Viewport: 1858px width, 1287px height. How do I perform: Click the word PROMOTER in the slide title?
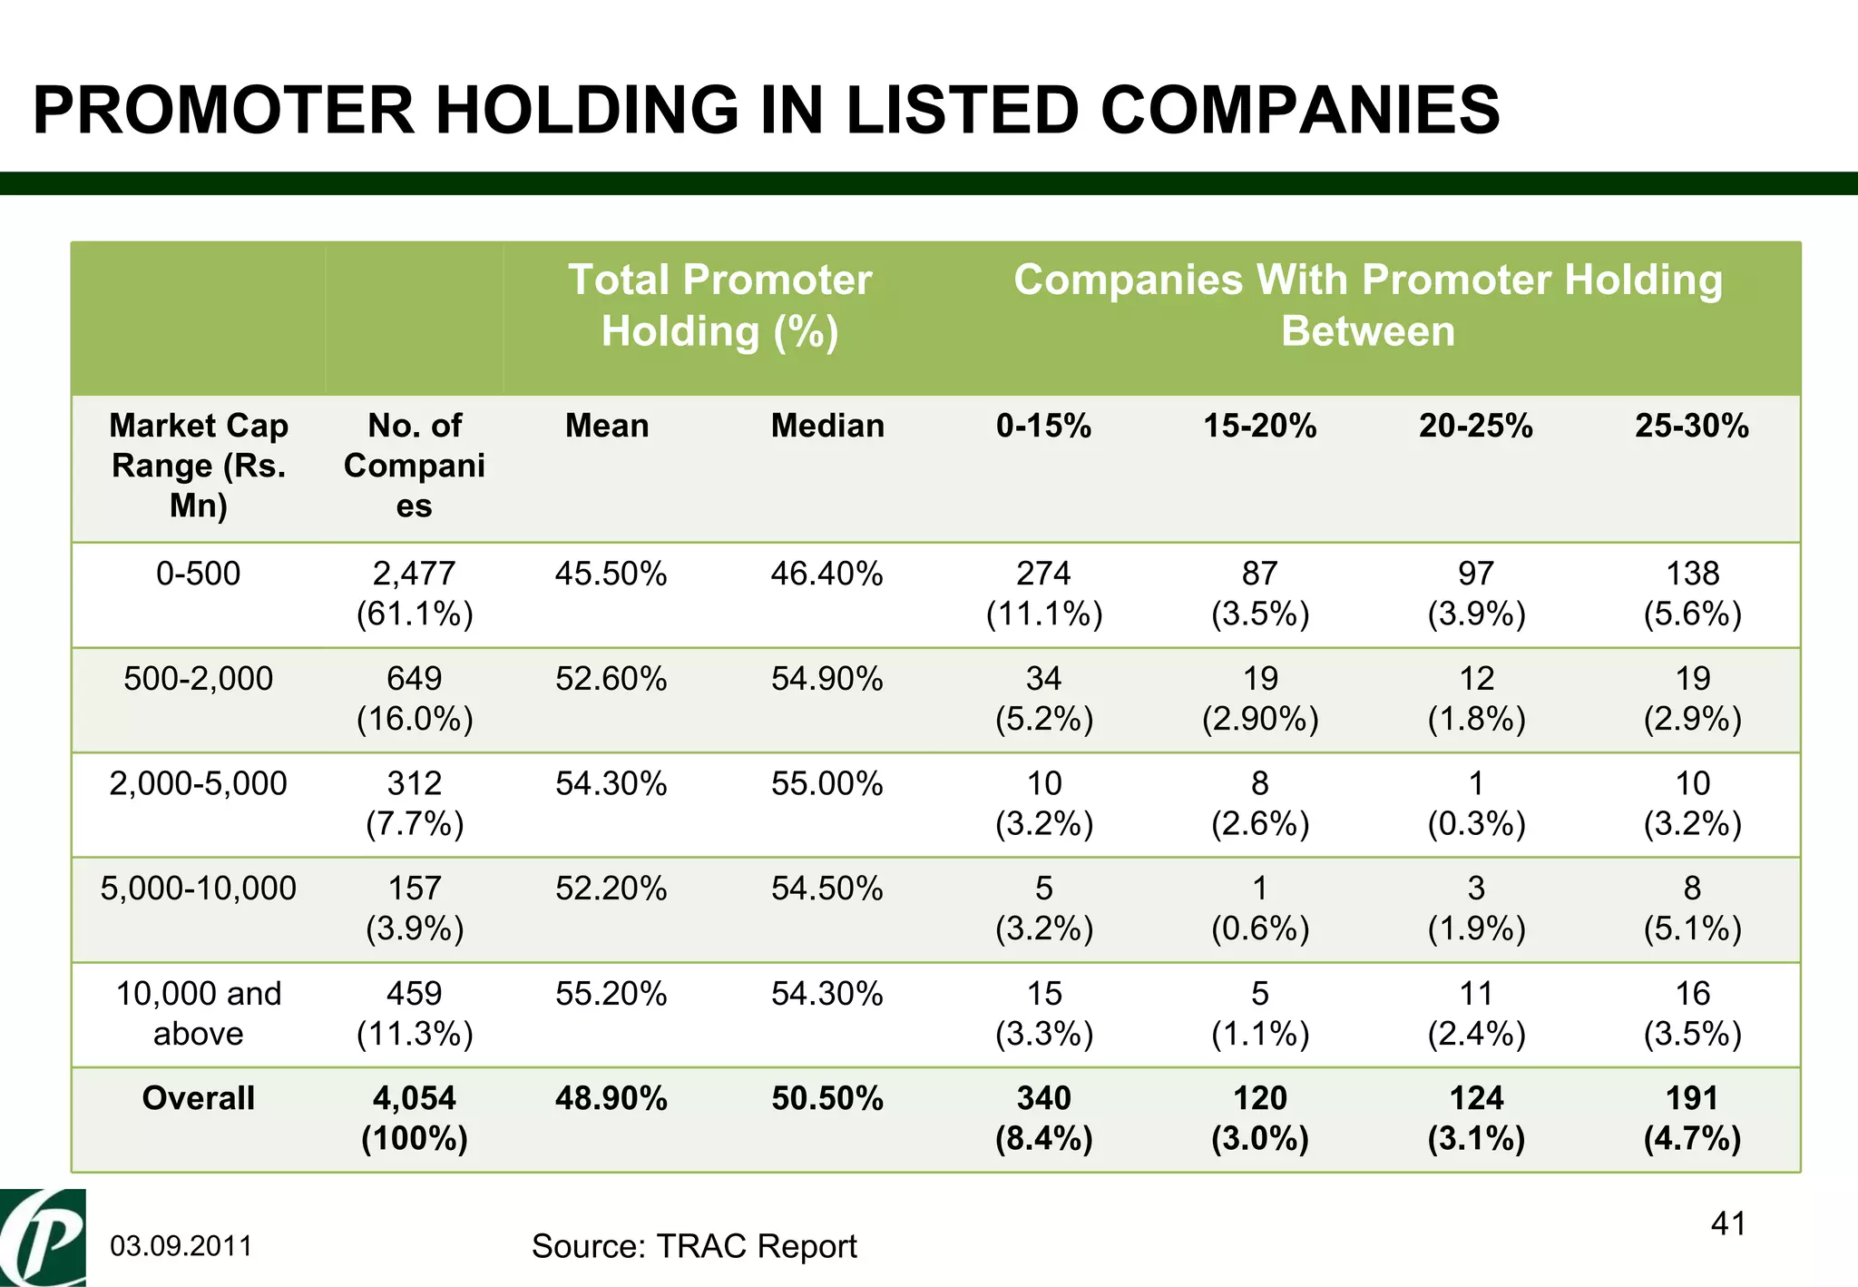[223, 110]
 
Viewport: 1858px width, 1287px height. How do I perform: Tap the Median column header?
[827, 426]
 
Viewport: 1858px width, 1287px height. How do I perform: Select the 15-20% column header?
[1259, 426]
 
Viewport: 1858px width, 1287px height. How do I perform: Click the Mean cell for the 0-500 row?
[611, 574]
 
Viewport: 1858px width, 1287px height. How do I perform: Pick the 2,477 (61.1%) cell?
[415, 594]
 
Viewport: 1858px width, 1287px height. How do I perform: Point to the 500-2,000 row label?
[198, 678]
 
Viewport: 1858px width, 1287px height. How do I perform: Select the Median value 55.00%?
[826, 783]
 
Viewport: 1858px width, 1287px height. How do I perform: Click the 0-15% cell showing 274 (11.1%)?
[1043, 594]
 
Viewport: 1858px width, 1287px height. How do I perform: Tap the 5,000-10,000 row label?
[198, 889]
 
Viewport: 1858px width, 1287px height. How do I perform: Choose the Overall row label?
[198, 1098]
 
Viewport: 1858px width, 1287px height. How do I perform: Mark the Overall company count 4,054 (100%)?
[415, 1117]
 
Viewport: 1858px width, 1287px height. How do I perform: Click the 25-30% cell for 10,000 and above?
[1692, 1013]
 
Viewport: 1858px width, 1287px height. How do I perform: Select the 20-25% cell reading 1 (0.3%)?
[1476, 803]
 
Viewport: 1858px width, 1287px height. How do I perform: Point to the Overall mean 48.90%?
[611, 1098]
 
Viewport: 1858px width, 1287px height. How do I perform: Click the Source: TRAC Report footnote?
[694, 1246]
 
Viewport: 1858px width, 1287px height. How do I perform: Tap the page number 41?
[1727, 1223]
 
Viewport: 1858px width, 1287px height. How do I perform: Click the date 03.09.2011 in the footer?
[181, 1246]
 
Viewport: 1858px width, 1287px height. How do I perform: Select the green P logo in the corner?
[43, 1238]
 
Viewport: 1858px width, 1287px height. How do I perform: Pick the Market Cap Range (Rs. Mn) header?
[198, 465]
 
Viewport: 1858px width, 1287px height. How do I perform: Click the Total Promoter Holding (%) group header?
[719, 305]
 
